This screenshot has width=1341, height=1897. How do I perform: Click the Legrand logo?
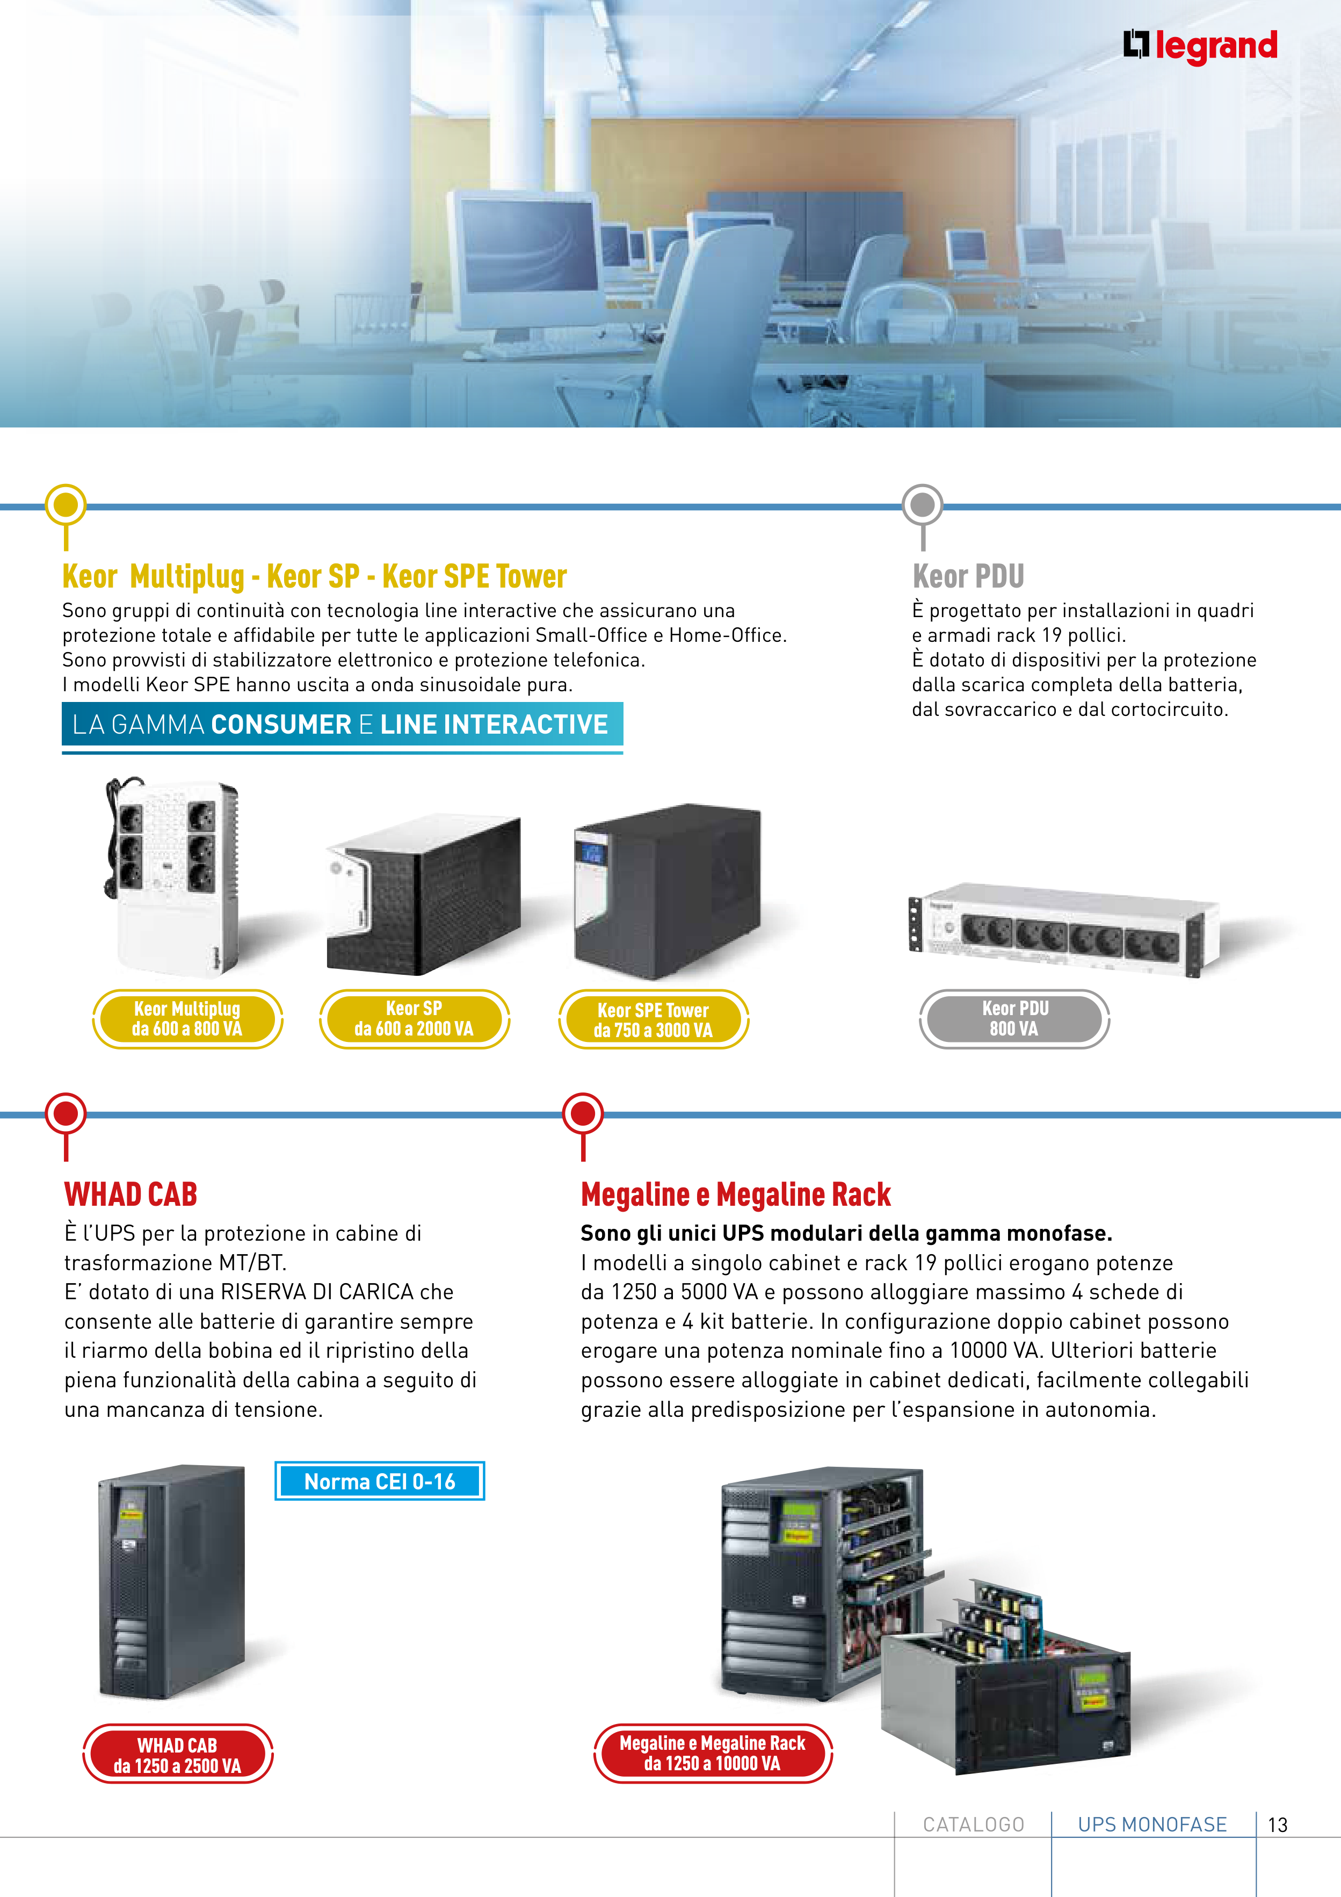1200,46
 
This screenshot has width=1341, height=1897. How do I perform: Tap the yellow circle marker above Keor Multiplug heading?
66,505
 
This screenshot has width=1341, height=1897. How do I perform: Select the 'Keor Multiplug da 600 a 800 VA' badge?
187,1019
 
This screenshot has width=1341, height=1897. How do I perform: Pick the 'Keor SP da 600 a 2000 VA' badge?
414,1019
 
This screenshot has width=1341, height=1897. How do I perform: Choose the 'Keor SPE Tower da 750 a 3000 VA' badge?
654,1019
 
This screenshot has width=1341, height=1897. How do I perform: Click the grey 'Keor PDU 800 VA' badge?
1014,1019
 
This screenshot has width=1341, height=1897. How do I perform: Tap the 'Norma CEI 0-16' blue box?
379,1481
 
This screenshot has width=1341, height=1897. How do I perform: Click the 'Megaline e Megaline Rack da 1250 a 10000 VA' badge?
712,1753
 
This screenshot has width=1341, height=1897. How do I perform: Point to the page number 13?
1278,1825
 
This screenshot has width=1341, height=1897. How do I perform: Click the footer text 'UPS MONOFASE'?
1152,1824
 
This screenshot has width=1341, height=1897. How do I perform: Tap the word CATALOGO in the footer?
973,1824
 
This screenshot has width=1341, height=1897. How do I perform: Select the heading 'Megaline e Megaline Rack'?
735,1194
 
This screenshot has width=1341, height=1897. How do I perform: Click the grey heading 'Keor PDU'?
968,576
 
